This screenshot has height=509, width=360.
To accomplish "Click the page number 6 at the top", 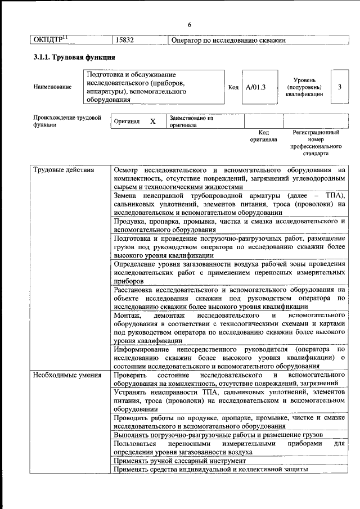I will click(190, 25).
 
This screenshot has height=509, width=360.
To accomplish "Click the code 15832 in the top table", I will click(124, 40).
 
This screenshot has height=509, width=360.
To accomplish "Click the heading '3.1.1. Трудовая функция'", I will click(74, 57).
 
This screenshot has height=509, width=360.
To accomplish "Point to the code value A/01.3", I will click(255, 87).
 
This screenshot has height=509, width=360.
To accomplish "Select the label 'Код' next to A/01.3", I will click(233, 87).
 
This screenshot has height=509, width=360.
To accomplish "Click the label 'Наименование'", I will click(52, 87).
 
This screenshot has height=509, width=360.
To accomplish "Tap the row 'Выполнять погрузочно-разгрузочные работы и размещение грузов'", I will click(218, 435).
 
